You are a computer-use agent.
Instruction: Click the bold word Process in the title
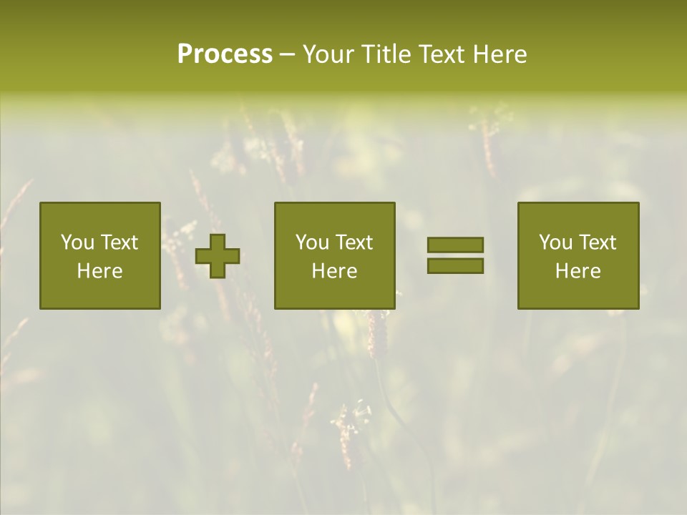[x=225, y=54]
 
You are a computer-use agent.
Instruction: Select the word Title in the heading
[x=386, y=54]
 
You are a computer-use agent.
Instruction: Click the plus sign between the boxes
[x=218, y=255]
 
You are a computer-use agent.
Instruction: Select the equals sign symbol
[x=455, y=255]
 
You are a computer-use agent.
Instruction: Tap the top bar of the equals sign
[x=455, y=245]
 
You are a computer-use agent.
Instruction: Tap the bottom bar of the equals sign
[x=455, y=265]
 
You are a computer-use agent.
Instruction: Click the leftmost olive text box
[x=100, y=255]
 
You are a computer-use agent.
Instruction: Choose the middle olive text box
[x=335, y=255]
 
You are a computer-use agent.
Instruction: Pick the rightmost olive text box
[x=578, y=255]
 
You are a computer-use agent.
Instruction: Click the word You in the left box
[x=77, y=242]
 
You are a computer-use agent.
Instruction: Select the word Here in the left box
[x=100, y=271]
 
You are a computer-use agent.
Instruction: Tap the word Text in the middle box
[x=355, y=242]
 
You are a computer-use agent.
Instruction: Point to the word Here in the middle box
[x=335, y=271]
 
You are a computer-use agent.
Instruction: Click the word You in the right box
[x=555, y=242]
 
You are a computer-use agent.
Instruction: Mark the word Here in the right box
[x=578, y=271]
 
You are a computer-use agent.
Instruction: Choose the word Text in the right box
[x=598, y=242]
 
